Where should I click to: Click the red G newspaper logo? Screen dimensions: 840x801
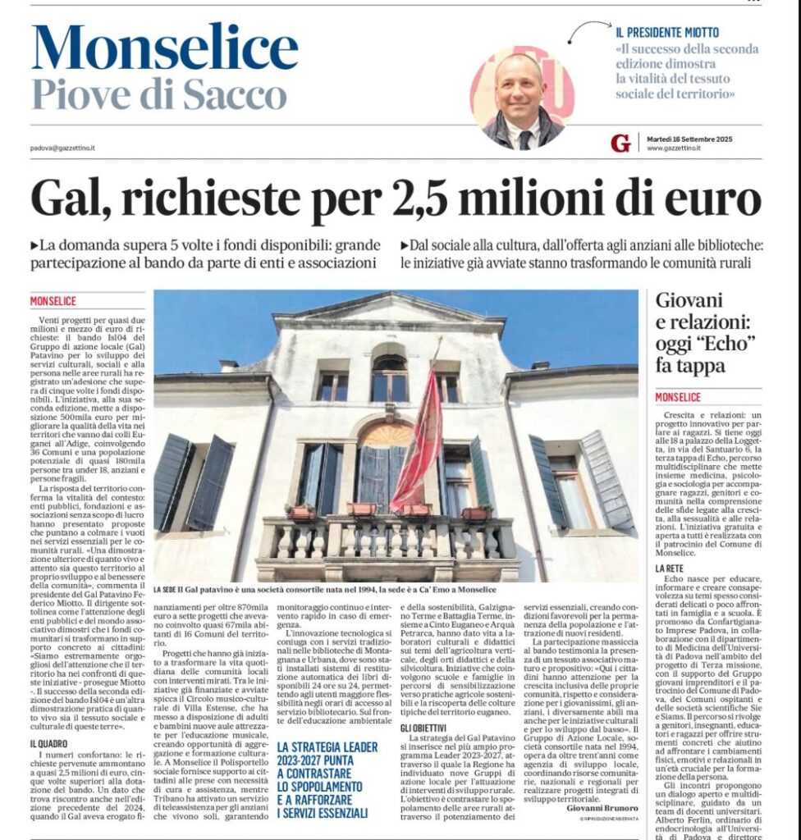coord(621,143)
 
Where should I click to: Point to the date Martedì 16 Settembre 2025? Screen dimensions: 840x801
coord(689,139)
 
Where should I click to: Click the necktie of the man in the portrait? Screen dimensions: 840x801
coord(524,139)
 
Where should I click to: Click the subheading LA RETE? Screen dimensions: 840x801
coord(671,568)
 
